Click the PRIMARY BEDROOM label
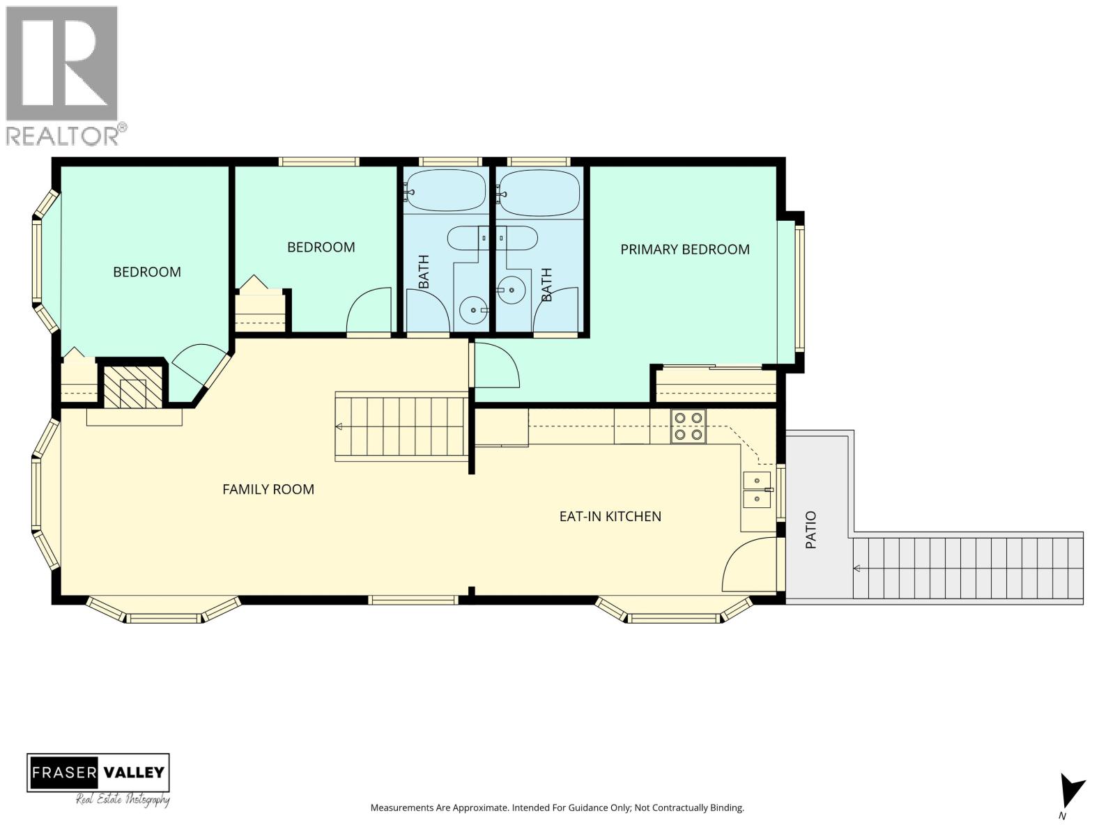684,249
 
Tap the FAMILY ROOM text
268,489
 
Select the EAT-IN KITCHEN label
610,516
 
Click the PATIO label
811,529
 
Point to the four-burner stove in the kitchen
689,426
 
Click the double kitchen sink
757,490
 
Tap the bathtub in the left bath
446,190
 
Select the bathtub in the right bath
539,190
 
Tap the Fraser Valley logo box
98,773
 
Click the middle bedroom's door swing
369,312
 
